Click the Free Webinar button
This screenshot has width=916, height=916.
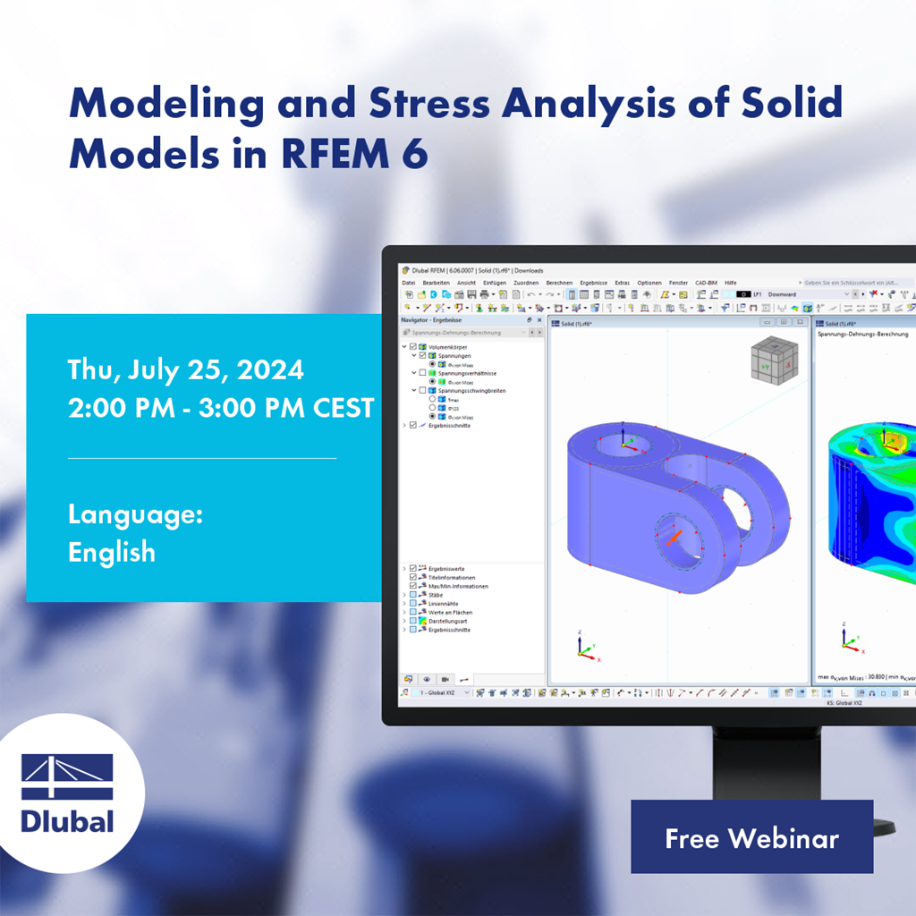pos(751,837)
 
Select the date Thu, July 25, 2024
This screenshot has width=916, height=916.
pos(186,369)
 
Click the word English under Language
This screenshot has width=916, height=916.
pos(112,552)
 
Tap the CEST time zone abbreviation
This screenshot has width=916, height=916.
pos(343,408)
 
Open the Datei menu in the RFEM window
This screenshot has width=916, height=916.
pos(409,283)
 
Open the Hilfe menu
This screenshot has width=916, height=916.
pos(731,283)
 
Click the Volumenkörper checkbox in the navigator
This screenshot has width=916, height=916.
pos(412,346)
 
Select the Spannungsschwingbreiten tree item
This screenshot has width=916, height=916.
pos(468,390)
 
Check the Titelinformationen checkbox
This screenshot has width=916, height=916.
pos(412,577)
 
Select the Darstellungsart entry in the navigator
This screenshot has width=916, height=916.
pos(448,621)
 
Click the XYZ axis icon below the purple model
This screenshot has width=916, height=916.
pos(587,648)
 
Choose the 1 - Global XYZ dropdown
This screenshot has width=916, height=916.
pos(438,692)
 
